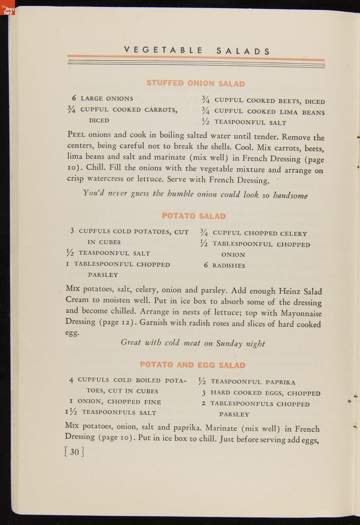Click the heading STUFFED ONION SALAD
coord(196,83)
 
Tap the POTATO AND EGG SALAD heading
coord(193,365)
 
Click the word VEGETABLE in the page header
coord(163,50)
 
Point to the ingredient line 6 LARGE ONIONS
coord(103,98)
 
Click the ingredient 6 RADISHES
coord(224,265)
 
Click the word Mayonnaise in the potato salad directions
coord(301,313)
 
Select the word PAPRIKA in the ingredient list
coord(280,382)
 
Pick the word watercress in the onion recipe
coord(105,178)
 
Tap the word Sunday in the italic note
coord(229,343)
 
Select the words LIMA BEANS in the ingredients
coord(302,112)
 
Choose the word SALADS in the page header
coord(243,51)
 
